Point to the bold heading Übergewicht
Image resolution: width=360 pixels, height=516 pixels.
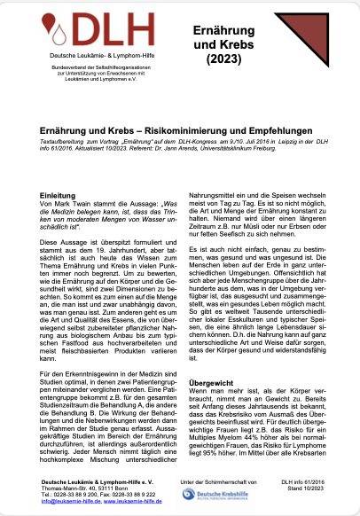pos(213,375)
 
